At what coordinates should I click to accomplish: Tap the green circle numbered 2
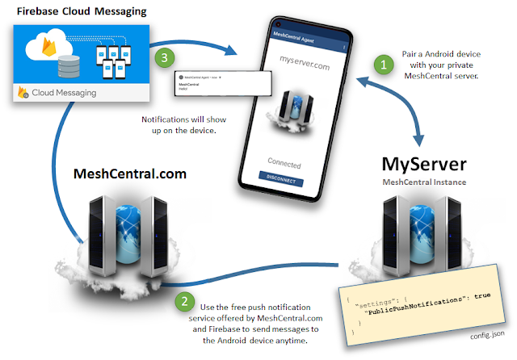tap(186, 303)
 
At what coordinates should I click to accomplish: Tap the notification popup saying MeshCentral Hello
tap(215, 83)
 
